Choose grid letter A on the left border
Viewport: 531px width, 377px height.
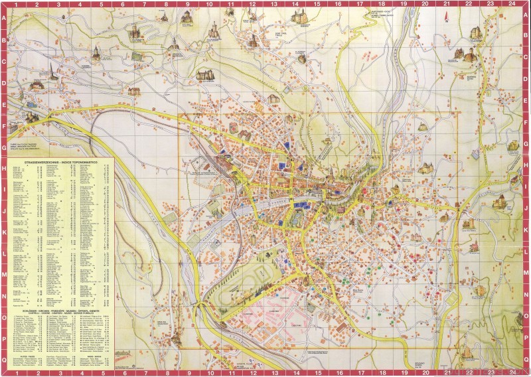point(3,18)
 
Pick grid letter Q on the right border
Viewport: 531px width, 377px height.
point(527,359)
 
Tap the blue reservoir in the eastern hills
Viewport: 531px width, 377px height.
point(475,155)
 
